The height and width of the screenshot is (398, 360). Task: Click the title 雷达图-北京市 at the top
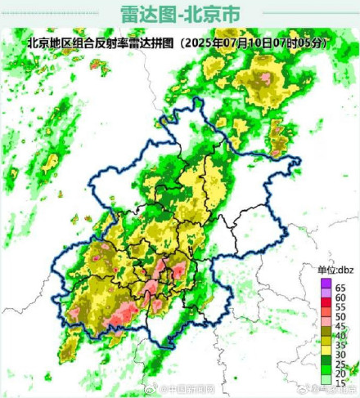pos(180,14)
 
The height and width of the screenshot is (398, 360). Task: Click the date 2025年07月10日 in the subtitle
pos(241,42)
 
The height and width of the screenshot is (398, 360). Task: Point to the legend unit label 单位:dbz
pos(335,270)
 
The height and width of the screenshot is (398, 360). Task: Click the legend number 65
pos(340,288)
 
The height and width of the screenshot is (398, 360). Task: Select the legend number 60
pos(340,298)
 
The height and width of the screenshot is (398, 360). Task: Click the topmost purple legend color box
pos(326,283)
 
